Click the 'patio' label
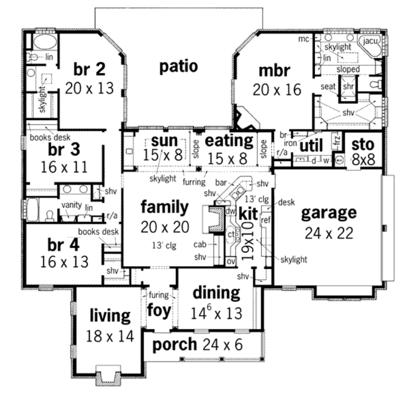179,66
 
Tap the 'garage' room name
328,213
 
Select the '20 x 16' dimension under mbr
277,90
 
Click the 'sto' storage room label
363,144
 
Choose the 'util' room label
311,146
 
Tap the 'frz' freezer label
337,140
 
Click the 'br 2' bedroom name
89,69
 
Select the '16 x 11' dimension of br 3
64,167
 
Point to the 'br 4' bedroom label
63,245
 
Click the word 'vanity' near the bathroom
72,205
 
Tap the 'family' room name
164,207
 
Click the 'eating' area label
229,141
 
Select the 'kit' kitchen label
248,214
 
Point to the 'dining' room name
216,293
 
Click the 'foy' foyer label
159,310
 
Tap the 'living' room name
110,316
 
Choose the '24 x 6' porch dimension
222,344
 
